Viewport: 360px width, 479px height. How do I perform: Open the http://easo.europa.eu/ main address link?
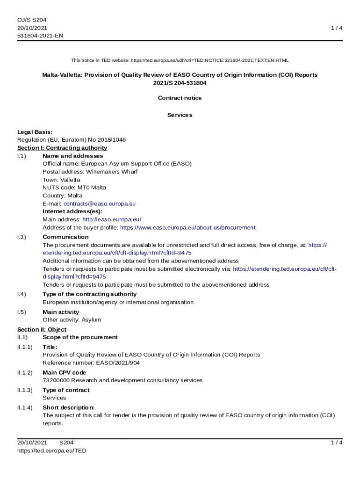[x=112, y=219]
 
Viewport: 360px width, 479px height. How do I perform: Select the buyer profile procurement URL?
[x=188, y=227]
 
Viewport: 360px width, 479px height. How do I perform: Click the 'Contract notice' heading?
[x=180, y=98]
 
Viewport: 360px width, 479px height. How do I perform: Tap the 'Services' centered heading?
[x=180, y=115]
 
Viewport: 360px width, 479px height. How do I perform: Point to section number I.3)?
[x=22, y=237]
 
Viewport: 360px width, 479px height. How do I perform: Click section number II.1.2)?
[x=25, y=372]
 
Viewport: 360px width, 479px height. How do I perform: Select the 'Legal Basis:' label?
[x=35, y=132]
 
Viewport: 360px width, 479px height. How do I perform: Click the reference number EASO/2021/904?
[x=118, y=363]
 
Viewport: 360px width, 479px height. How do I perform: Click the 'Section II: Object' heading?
[x=42, y=329]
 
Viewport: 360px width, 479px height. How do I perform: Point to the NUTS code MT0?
[x=84, y=188]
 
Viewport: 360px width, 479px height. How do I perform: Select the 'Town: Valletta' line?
[x=61, y=180]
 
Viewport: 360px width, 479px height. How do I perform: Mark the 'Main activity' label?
[x=61, y=312]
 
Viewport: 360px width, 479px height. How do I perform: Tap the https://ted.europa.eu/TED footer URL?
[x=52, y=450]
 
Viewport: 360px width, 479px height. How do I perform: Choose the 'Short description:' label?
[x=69, y=407]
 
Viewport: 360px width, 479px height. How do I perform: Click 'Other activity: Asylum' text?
[x=72, y=320]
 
